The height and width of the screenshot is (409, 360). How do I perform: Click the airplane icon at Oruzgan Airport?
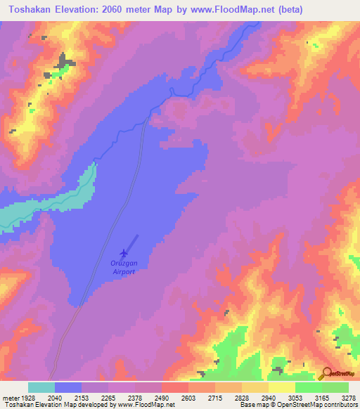124,252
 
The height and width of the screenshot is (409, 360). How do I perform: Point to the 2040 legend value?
56,398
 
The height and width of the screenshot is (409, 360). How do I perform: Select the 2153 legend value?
82,398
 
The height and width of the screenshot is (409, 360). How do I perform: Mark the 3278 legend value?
349,398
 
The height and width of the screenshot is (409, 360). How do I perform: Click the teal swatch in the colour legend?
41,387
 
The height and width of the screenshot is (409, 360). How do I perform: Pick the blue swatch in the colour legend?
68,387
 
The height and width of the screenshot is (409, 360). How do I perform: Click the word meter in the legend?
10,398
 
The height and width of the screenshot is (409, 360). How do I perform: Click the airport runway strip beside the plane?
132,243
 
